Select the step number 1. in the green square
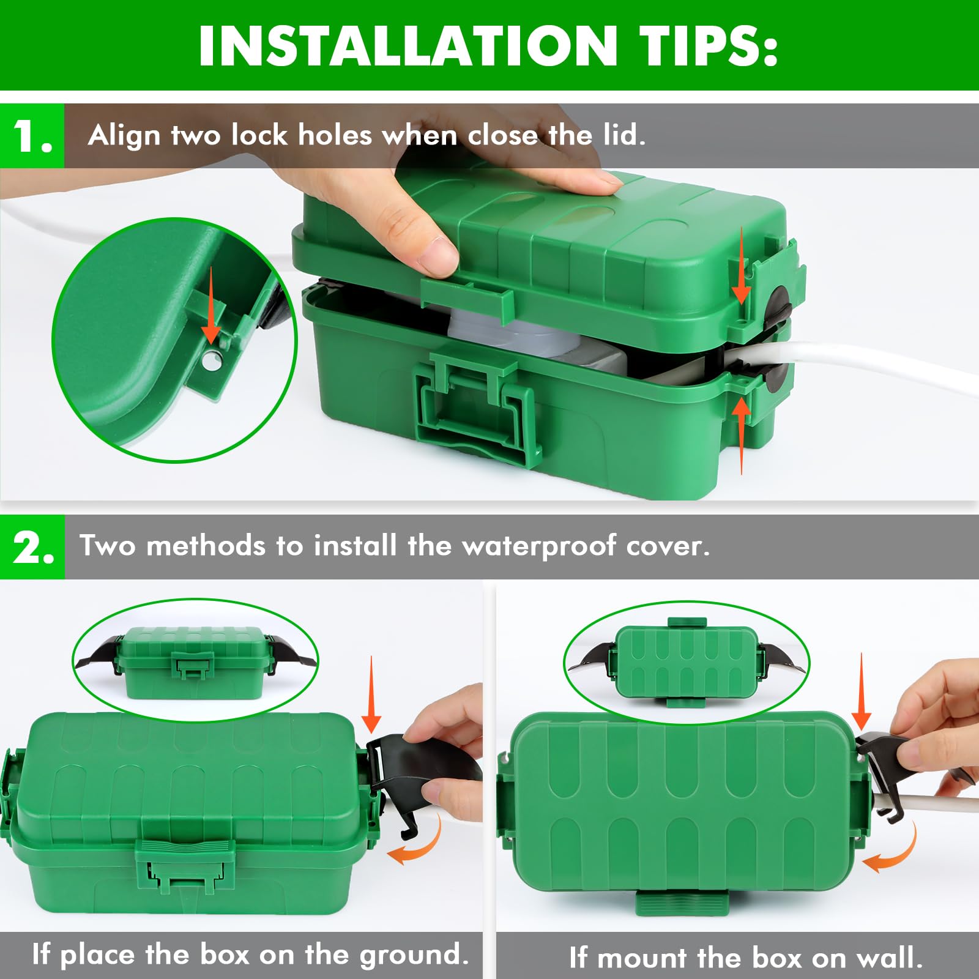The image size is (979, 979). coord(32,135)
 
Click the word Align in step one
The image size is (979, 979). coord(124,136)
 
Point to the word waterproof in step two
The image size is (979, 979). coord(539,546)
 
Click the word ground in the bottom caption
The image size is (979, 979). coord(414,955)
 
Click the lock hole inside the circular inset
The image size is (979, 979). coord(212,361)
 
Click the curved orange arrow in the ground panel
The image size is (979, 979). coord(415,843)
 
